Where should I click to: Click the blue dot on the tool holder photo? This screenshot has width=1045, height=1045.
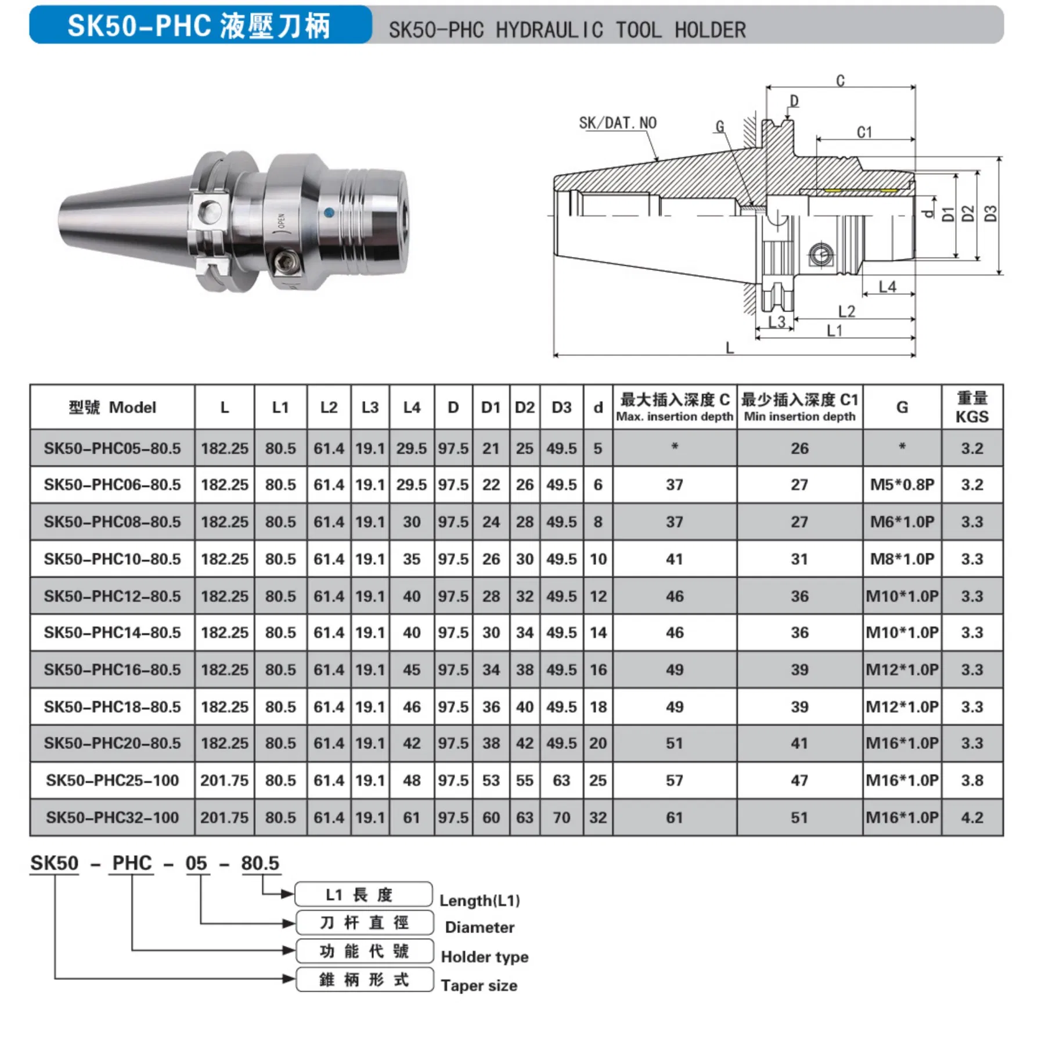tap(329, 212)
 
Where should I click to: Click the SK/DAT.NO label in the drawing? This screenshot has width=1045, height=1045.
tap(617, 123)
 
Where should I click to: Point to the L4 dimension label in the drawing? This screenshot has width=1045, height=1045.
tap(887, 287)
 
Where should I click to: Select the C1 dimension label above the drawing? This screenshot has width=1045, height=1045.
tap(864, 132)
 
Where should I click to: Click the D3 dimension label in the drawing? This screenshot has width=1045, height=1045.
tap(990, 214)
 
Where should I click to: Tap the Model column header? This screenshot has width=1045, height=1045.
tap(113, 408)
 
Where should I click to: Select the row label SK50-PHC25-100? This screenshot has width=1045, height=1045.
tap(113, 780)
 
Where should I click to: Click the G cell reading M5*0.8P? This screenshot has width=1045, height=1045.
tap(902, 485)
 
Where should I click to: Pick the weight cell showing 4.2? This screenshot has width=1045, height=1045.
tap(972, 817)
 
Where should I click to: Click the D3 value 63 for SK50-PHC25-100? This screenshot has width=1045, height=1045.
tap(561, 780)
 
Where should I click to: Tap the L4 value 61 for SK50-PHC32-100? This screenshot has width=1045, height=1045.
tap(412, 817)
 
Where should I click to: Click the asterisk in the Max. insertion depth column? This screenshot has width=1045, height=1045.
tap(674, 447)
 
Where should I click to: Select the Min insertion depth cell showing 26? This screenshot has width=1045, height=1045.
tap(799, 448)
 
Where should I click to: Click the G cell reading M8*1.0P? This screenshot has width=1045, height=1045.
tap(902, 559)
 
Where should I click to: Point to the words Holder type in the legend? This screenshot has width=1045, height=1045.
tap(485, 957)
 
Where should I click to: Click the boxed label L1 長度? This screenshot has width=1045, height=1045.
tap(363, 895)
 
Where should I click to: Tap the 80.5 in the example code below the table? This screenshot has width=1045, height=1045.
tap(260, 863)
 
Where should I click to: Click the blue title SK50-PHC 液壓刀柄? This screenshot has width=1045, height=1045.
tap(199, 26)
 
